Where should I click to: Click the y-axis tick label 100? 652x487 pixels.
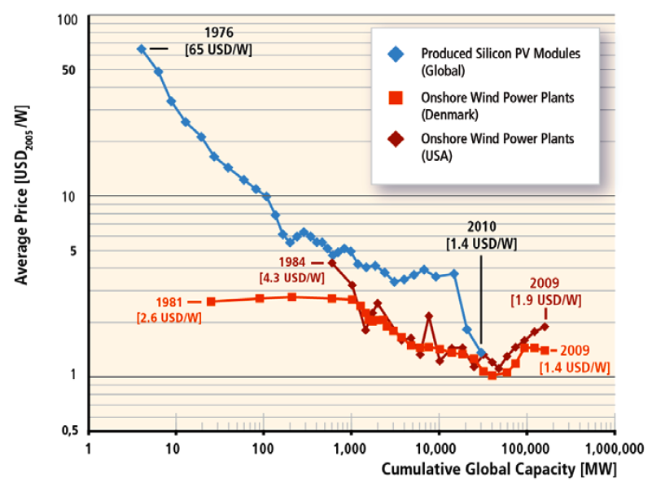pyautogui.click(x=64, y=17)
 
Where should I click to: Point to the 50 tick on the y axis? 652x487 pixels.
pyautogui.click(x=68, y=71)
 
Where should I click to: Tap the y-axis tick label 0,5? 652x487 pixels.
pyautogui.click(x=65, y=432)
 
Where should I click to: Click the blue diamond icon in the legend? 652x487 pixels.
pyautogui.click(x=396, y=54)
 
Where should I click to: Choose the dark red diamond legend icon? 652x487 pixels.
pyautogui.click(x=396, y=139)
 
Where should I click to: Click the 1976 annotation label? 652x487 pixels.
pyautogui.click(x=219, y=33)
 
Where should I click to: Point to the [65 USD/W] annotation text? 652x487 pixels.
pyautogui.click(x=219, y=50)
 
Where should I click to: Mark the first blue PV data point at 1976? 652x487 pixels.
pyautogui.click(x=142, y=49)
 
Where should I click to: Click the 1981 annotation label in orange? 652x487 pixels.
pyautogui.click(x=163, y=301)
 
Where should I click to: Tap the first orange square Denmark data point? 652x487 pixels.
pyautogui.click(x=211, y=302)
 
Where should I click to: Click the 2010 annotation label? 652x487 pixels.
pyautogui.click(x=481, y=227)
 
